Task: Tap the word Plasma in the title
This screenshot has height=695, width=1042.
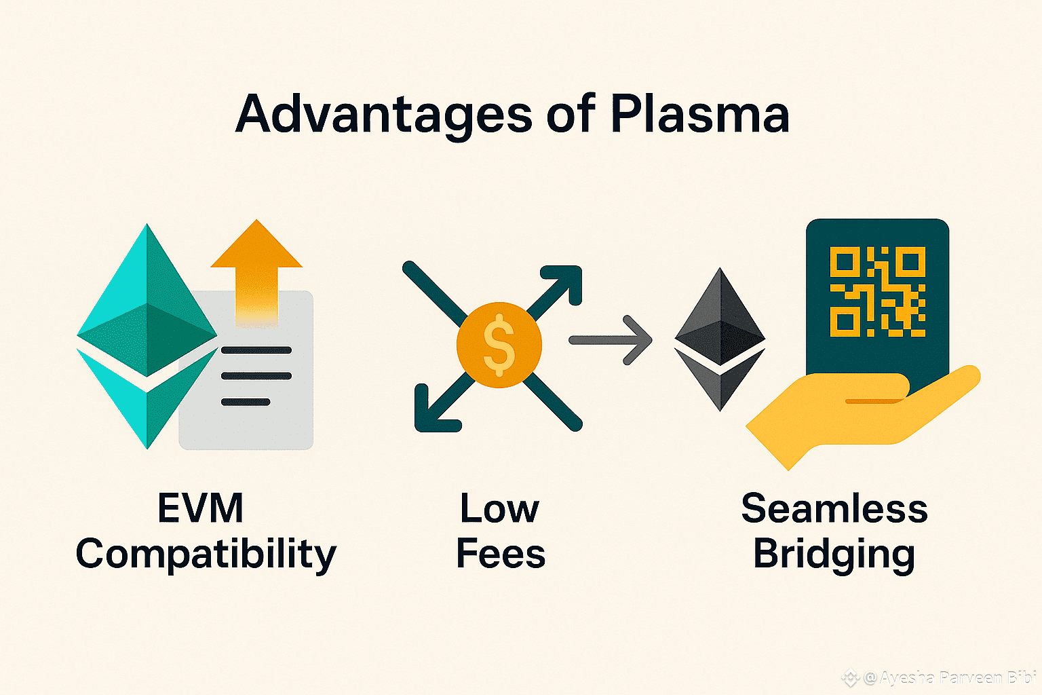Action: click(699, 114)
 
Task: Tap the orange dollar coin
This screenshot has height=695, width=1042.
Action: click(499, 345)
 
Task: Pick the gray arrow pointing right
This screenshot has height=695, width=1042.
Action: click(610, 340)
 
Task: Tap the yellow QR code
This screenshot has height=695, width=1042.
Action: click(877, 292)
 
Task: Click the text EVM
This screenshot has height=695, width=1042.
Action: click(200, 508)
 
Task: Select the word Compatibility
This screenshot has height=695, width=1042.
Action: click(206, 555)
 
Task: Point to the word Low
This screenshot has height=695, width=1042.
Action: click(499, 508)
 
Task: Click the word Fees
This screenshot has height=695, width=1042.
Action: click(501, 554)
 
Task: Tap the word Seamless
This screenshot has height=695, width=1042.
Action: click(834, 508)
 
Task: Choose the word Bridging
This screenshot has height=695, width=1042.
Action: click(834, 555)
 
